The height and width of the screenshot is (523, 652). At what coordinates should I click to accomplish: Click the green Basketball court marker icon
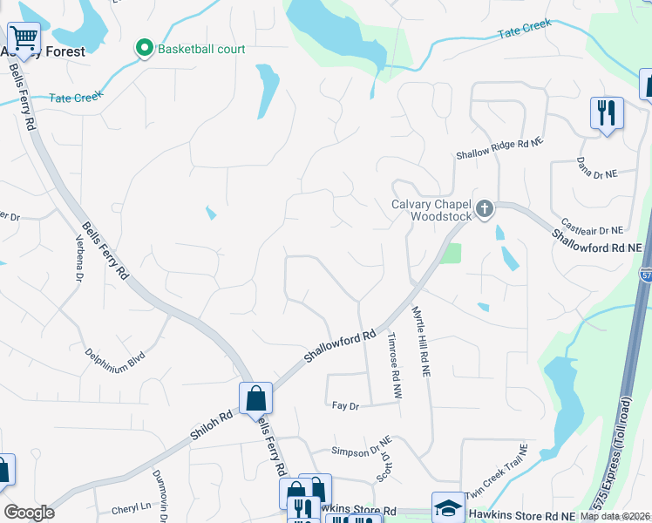(x=145, y=49)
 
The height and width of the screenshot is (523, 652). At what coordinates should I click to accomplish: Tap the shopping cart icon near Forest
(x=24, y=37)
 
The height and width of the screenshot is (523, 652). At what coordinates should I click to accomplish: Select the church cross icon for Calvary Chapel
(x=486, y=208)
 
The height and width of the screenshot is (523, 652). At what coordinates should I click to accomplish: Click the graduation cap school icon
(x=448, y=507)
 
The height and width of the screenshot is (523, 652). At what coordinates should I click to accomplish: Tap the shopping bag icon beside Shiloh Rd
(x=255, y=399)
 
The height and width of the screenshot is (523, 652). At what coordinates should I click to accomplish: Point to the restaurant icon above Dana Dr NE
(x=607, y=112)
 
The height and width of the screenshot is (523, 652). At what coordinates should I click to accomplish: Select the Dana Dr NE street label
(x=597, y=167)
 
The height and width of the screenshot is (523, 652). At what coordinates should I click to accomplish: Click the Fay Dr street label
(x=346, y=405)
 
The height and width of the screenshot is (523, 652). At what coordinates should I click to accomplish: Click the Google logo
(x=29, y=513)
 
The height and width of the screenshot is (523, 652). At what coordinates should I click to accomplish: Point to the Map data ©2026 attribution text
(x=615, y=516)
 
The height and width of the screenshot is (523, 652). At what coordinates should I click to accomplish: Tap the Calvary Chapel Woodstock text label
(x=431, y=210)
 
